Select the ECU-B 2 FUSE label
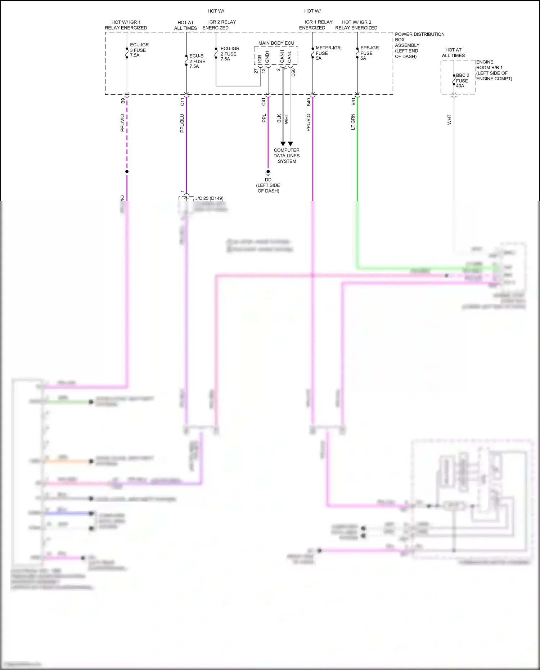pos(197,61)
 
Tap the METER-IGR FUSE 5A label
pos(328,53)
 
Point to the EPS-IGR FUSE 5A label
pos(369,53)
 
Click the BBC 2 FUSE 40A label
pos(462,81)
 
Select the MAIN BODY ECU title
pos(276,43)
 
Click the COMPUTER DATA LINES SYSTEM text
pos(287,156)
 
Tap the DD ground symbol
pos(268,172)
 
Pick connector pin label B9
pos(123,101)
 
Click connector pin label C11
pos(182,102)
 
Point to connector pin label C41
pos(264,102)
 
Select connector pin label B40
pos(309,102)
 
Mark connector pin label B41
pos(353,102)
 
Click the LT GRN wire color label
pos(353,122)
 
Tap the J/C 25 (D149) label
pos(209,198)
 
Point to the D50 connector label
pos(293,72)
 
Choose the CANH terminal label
pos(282,56)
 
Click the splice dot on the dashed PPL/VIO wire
pos(127,171)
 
